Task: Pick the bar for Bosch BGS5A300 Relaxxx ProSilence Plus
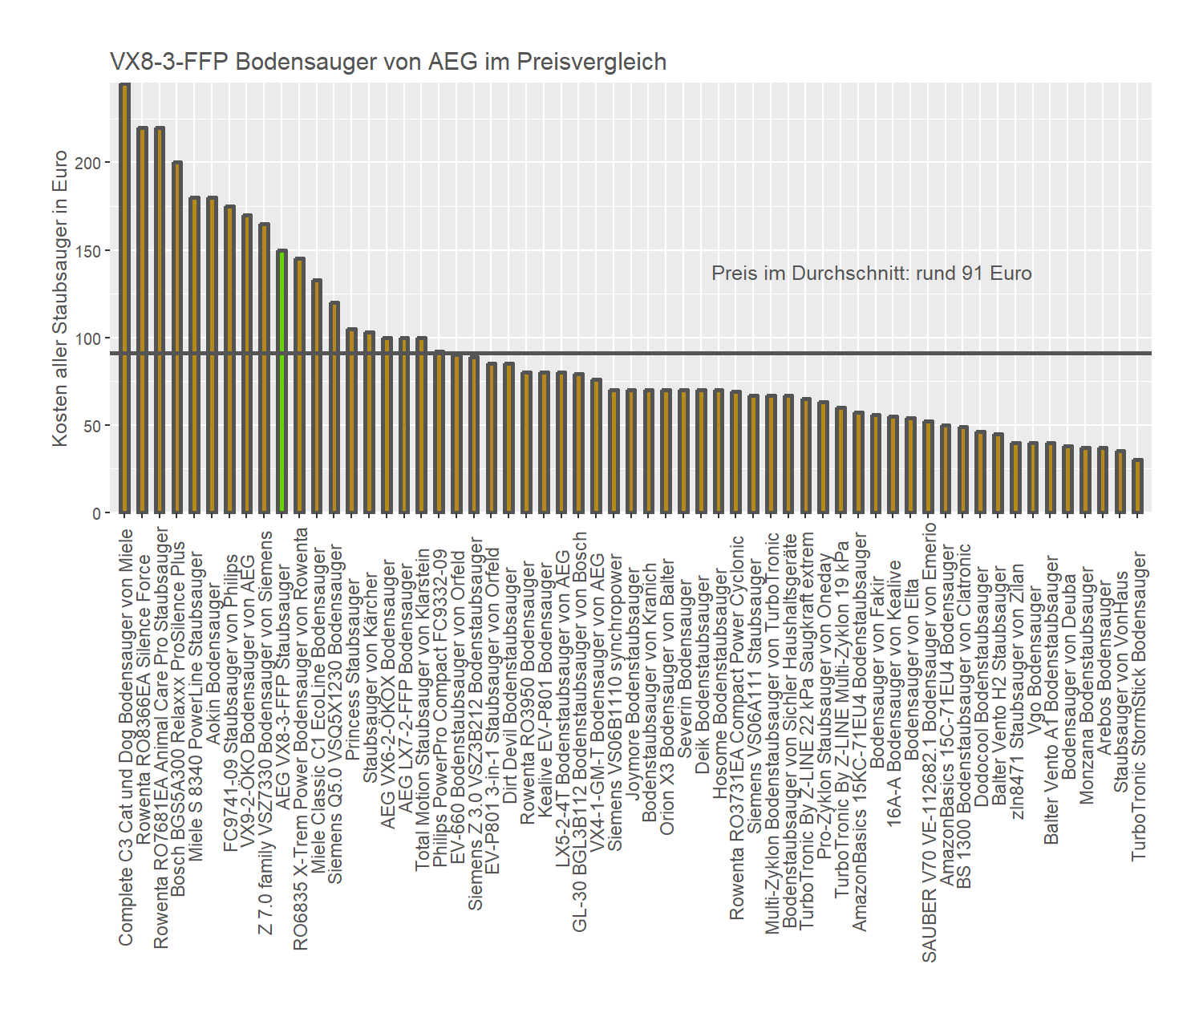pos(177,338)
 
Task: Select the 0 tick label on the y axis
pos(96,513)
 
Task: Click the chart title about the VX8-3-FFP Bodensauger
pos(388,62)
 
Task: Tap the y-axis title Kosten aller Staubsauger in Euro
pos(60,298)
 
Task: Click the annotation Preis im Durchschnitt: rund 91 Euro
pos(871,273)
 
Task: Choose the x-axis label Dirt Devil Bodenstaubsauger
pos(510,685)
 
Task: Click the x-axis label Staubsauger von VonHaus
pos(1120,681)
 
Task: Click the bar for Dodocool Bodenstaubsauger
pos(980,472)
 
